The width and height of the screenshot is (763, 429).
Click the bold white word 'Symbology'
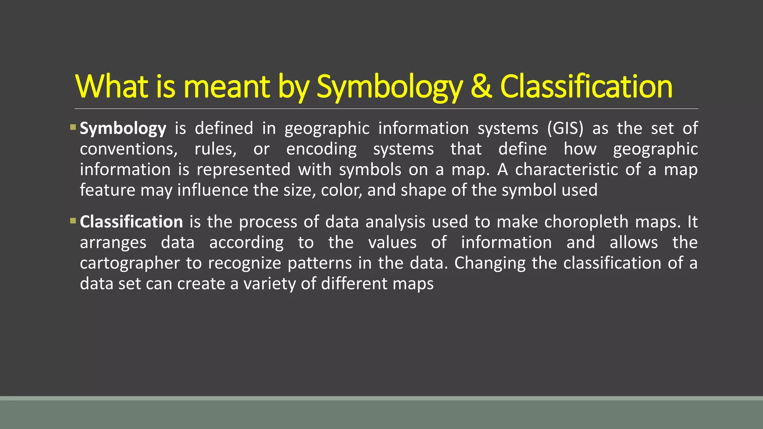click(x=123, y=129)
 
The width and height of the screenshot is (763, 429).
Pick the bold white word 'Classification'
click(x=131, y=222)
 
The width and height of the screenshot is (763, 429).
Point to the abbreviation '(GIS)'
click(x=565, y=128)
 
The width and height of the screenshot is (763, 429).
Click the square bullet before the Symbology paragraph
click(x=73, y=128)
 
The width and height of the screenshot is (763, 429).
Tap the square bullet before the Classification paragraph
click(x=73, y=221)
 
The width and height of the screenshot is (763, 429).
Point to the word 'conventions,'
click(x=129, y=149)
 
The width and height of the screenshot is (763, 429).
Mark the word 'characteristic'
click(x=566, y=170)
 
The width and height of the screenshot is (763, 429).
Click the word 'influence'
click(x=212, y=190)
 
